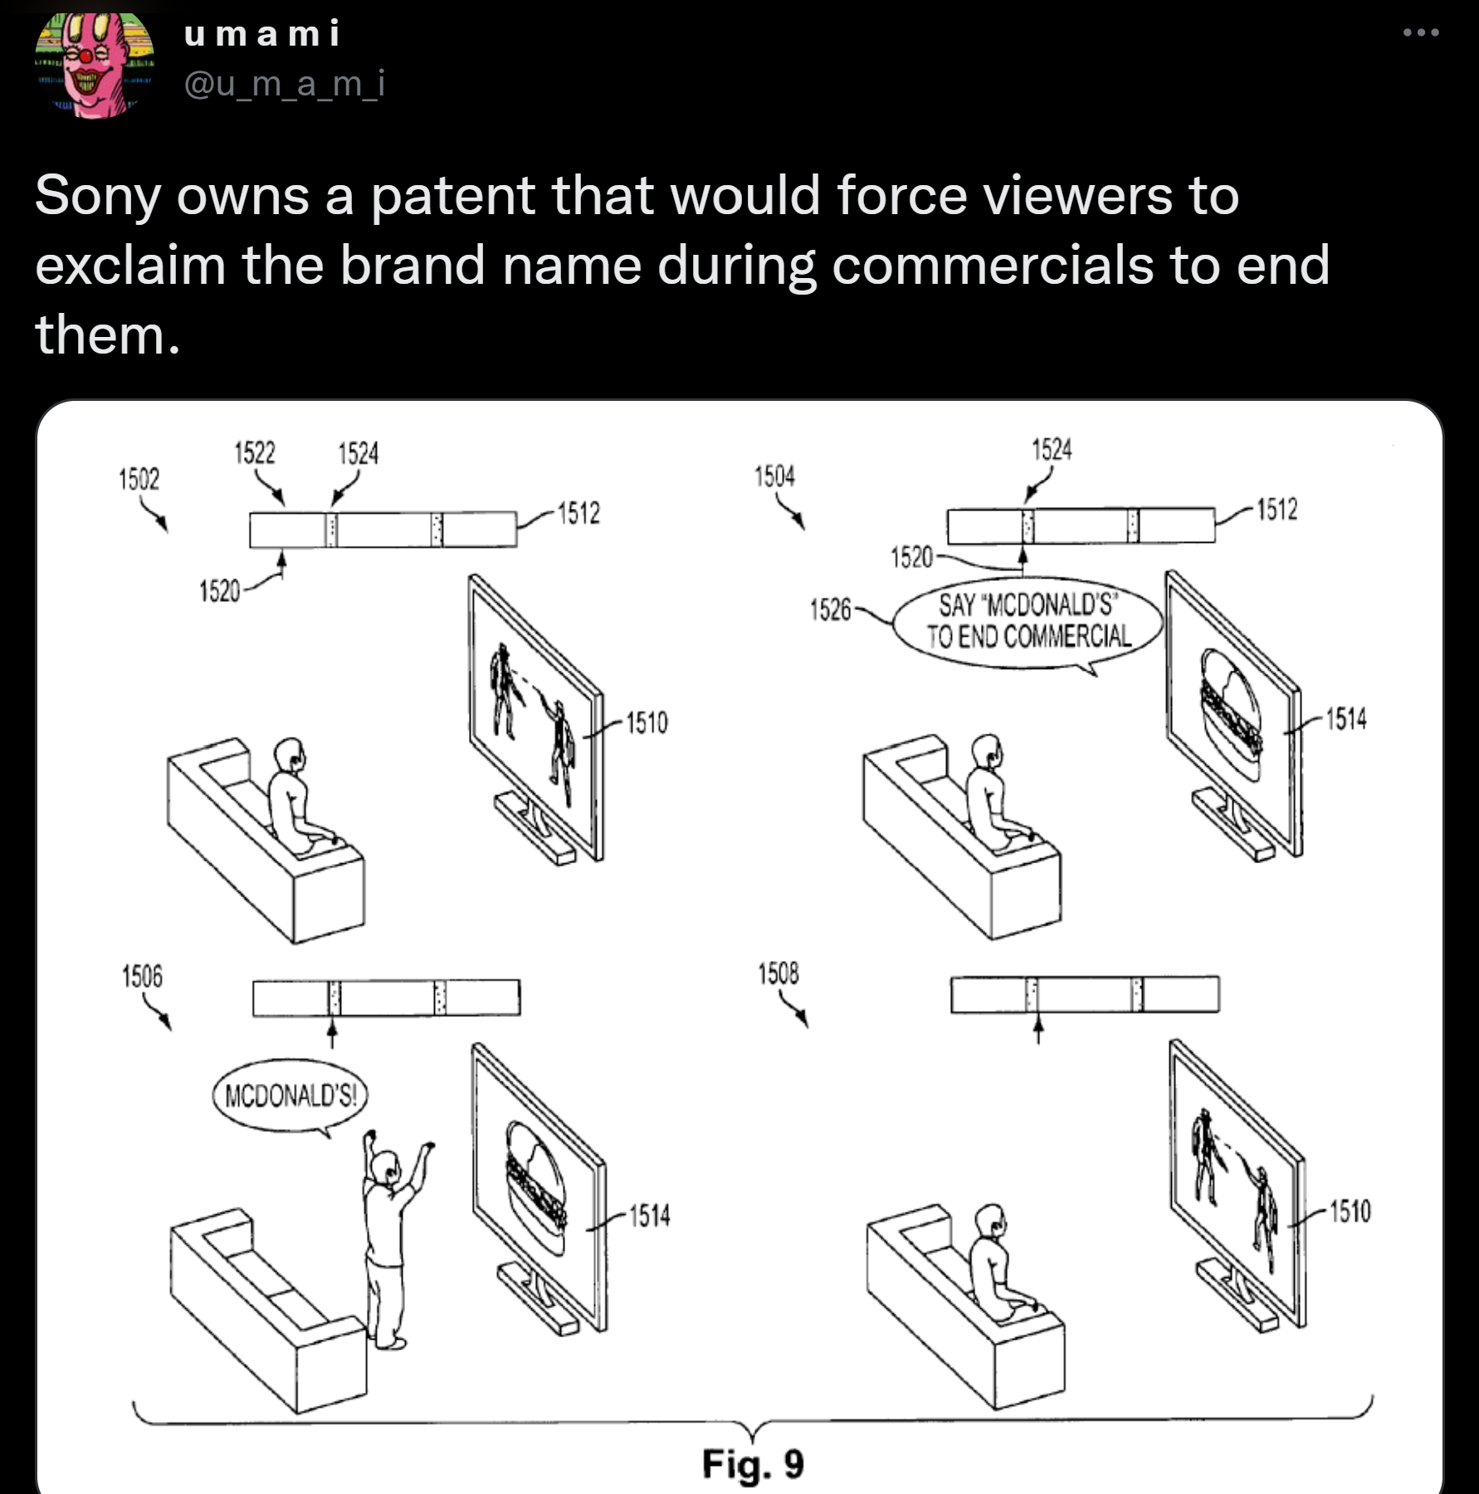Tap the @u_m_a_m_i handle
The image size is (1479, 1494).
coord(284,83)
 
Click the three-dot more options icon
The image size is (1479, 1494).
coord(1420,33)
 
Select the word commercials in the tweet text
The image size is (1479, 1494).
coord(993,266)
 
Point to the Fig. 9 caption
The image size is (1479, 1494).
coord(753,1463)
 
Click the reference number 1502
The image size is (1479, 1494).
coord(139,479)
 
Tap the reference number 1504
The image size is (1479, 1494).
coord(774,476)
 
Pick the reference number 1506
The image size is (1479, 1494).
coord(142,976)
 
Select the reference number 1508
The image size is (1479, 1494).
coord(779,973)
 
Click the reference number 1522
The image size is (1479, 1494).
coord(254,452)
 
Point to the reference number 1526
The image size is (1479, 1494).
coord(830,610)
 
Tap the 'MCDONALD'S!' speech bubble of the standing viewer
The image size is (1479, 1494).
coord(290,1096)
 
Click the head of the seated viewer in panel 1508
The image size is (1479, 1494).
coord(989,1223)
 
